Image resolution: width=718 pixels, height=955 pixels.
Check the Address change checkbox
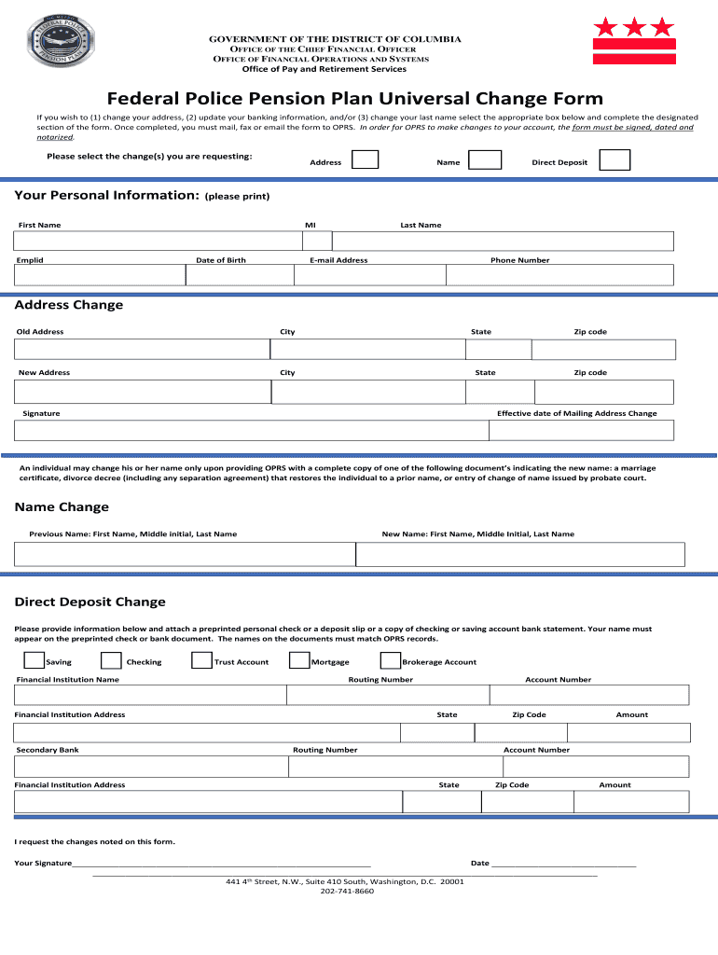pyautogui.click(x=365, y=159)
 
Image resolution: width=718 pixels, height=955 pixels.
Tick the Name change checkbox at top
pyautogui.click(x=485, y=159)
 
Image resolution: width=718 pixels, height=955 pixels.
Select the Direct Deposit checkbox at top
pyautogui.click(x=614, y=159)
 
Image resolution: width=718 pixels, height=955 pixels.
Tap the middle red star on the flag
pyautogui.click(x=634, y=26)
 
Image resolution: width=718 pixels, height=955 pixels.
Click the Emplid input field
pyautogui.click(x=100, y=275)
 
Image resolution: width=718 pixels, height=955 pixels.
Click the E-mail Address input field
pyautogui.click(x=371, y=275)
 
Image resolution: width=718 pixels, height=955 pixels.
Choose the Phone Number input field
pyautogui.click(x=559, y=275)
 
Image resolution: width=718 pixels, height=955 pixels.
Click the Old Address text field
pyautogui.click(x=142, y=349)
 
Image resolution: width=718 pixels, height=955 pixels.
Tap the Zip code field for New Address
pyautogui.click(x=604, y=390)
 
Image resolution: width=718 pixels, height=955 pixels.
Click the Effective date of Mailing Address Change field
pyautogui.click(x=581, y=430)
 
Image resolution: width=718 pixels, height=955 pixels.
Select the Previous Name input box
pyautogui.click(x=185, y=555)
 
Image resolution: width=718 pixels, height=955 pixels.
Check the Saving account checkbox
pyautogui.click(x=34, y=661)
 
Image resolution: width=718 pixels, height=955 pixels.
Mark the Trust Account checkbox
pyautogui.click(x=200, y=661)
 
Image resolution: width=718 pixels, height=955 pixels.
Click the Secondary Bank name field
pyautogui.click(x=151, y=767)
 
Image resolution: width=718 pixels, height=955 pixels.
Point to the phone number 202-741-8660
pyautogui.click(x=347, y=892)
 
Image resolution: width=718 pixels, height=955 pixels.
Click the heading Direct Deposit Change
pyautogui.click(x=90, y=602)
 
